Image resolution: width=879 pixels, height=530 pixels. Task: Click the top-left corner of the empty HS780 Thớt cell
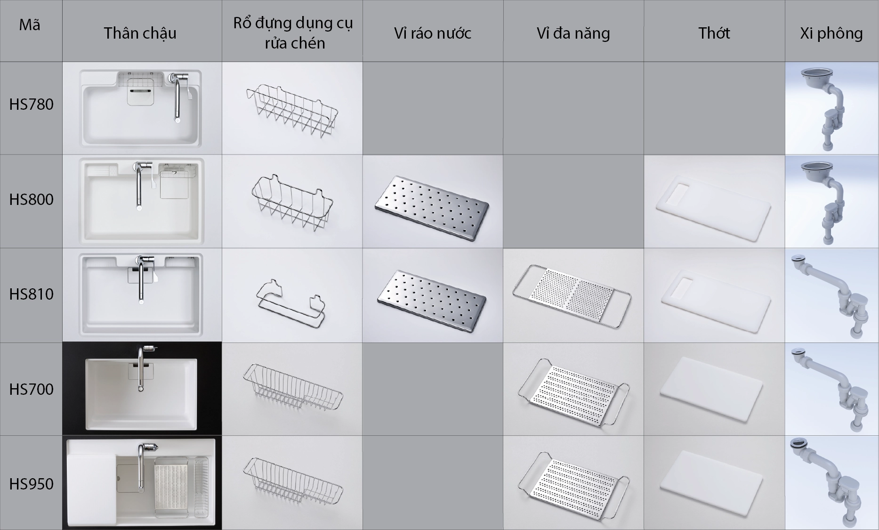(645, 62)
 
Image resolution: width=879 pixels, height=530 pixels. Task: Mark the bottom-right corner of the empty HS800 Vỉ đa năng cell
(644, 248)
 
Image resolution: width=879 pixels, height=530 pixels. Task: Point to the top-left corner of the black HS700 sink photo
(63, 342)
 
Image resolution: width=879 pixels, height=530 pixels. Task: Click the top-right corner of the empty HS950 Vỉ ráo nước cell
(503, 436)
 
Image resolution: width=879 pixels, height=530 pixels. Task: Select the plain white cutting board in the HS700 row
(711, 389)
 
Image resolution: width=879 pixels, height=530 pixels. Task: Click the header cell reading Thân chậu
(140, 33)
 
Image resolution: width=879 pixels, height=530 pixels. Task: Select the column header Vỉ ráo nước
(433, 33)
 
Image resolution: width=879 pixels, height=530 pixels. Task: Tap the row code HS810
(31, 294)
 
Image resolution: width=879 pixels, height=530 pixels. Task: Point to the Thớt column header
(714, 33)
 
